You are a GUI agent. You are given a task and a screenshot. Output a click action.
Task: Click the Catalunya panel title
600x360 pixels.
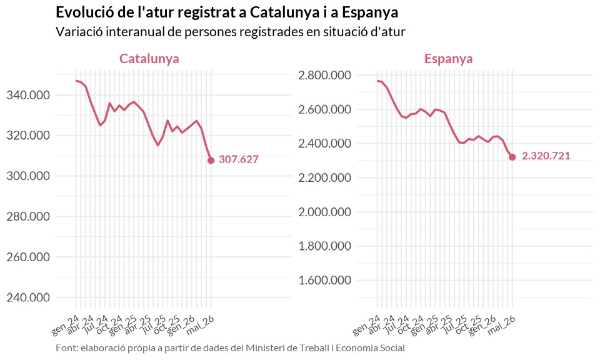click(149, 59)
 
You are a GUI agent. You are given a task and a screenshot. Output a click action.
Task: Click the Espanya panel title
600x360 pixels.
click(449, 59)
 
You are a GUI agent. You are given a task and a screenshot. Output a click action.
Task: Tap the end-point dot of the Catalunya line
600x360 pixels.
click(211, 160)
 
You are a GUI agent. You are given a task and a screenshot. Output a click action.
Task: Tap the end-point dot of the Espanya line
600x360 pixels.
click(512, 157)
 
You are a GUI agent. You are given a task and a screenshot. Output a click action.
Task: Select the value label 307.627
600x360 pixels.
click(239, 159)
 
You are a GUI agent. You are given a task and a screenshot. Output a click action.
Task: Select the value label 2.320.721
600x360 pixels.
click(546, 156)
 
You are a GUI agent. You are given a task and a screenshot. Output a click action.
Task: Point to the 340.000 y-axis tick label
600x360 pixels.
click(28, 95)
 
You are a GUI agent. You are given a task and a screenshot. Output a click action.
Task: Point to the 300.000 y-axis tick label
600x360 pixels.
click(28, 176)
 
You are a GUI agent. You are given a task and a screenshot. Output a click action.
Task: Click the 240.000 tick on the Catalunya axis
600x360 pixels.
click(28, 297)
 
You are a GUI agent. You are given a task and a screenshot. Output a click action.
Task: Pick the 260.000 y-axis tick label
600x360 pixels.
click(28, 257)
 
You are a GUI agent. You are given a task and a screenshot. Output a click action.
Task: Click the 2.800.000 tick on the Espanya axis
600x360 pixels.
click(325, 76)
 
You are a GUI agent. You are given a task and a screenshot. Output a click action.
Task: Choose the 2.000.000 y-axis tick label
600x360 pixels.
click(325, 212)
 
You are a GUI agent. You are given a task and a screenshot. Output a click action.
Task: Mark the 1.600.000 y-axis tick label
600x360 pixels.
click(325, 281)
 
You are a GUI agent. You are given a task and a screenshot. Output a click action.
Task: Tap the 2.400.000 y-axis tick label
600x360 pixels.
click(325, 144)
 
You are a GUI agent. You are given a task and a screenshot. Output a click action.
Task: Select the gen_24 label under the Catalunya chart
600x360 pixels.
click(65, 326)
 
